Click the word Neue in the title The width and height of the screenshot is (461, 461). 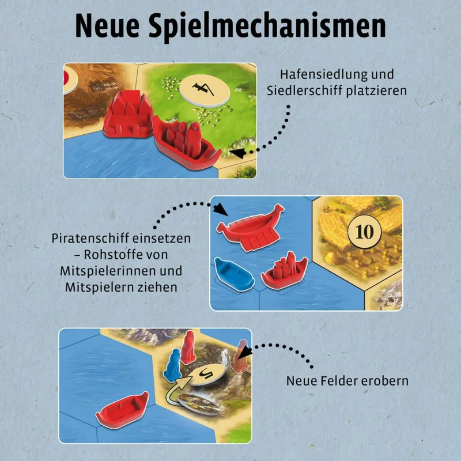pyautogui.click(x=107, y=26)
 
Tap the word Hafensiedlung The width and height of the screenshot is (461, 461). pyautogui.click(x=323, y=74)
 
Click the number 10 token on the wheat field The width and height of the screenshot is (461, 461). pyautogui.click(x=365, y=232)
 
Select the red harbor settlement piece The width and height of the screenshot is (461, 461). pyautogui.click(x=127, y=114)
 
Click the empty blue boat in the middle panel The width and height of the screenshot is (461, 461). pyautogui.click(x=234, y=273)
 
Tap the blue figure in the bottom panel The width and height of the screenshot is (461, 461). pyautogui.click(x=173, y=365)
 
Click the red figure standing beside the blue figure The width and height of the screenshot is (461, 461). pyautogui.click(x=188, y=347)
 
